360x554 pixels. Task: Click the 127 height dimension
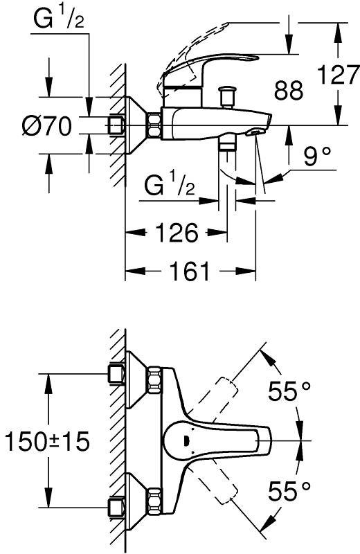coord(339,75)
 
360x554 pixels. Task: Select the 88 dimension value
coord(289,90)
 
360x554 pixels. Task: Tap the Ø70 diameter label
coord(46,126)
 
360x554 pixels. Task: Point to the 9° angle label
coord(317,156)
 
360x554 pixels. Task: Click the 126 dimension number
coord(177,233)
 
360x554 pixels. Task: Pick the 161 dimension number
coord(190,271)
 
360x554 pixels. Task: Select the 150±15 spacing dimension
coord(47,441)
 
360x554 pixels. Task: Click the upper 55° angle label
coord(289,391)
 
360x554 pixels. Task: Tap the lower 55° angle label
coord(289,491)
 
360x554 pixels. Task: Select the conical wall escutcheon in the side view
coord(135,125)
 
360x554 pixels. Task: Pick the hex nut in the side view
coord(154,125)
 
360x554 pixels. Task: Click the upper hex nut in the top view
coord(154,379)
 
